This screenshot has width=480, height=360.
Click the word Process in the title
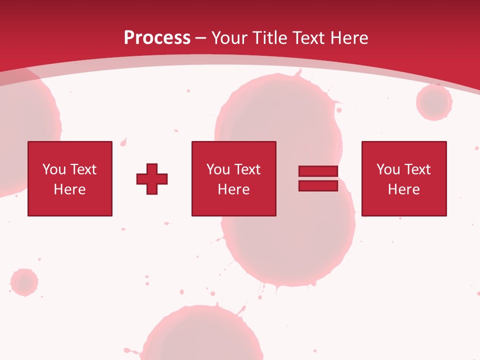tap(157, 38)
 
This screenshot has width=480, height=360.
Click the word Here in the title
tap(349, 38)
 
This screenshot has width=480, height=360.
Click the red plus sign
tap(152, 179)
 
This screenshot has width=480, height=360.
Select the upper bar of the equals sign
tap(318, 171)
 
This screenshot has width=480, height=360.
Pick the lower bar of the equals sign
tap(318, 185)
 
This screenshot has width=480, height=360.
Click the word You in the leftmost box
tap(54, 169)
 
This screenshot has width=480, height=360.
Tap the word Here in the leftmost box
tap(69, 189)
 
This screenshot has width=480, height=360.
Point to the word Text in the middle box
tap(248, 169)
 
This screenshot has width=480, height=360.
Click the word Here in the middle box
tap(233, 189)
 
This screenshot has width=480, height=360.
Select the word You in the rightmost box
tap(388, 169)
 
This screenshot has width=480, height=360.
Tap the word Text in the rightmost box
tap(418, 169)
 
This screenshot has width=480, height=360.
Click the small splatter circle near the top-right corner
tap(434, 102)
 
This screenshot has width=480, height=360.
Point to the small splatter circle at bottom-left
tap(24, 282)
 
